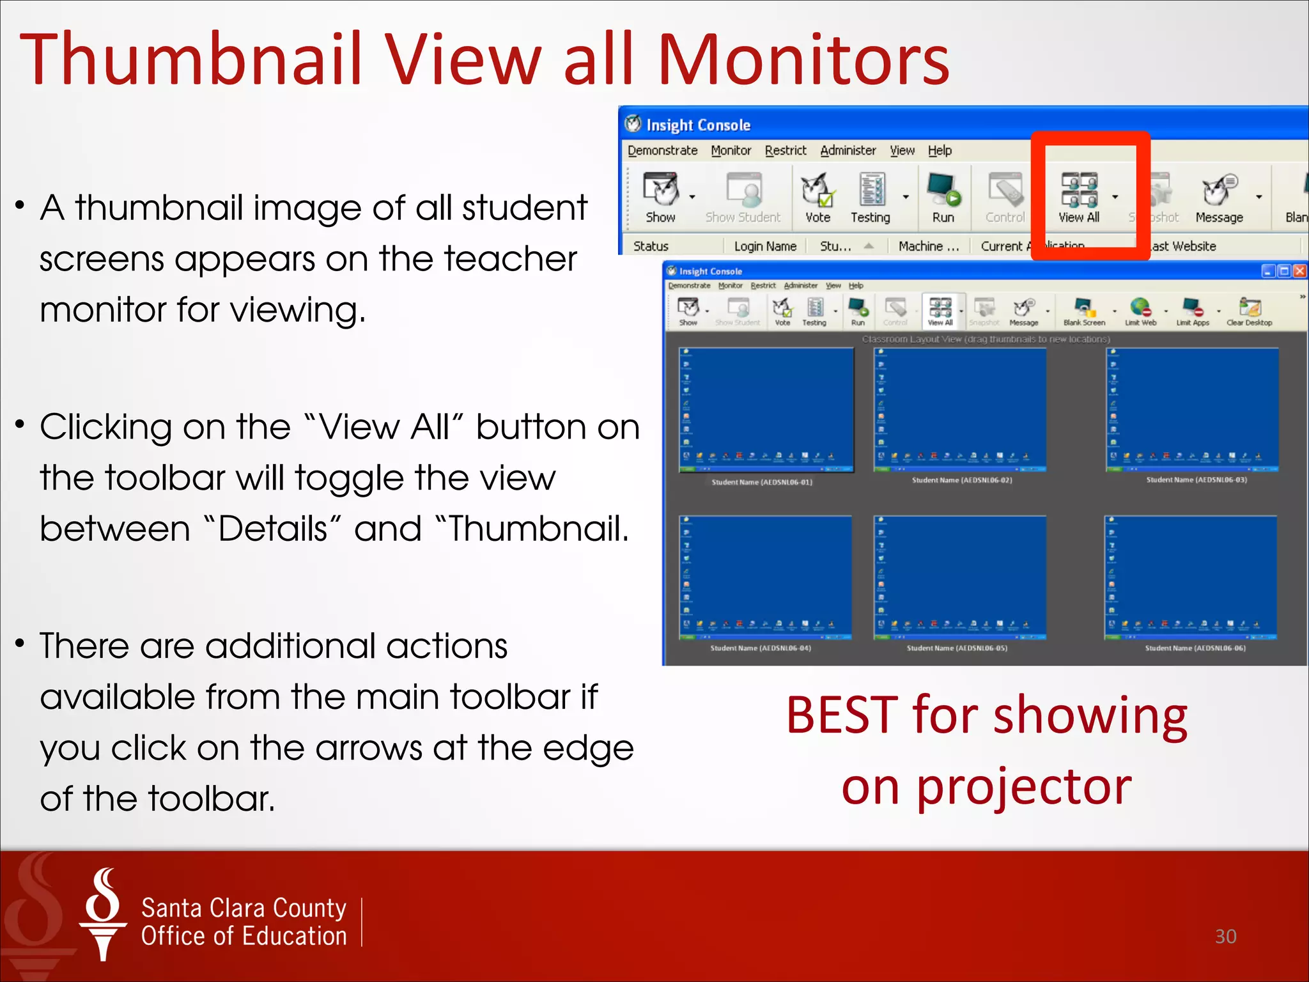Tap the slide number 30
(x=1225, y=936)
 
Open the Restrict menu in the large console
(x=786, y=150)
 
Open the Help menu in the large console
(x=940, y=150)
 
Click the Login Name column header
(x=765, y=246)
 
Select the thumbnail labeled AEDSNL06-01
(x=766, y=410)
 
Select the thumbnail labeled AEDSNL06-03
(x=1192, y=410)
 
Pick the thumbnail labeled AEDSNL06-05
(x=959, y=577)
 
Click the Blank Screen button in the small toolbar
(x=1084, y=312)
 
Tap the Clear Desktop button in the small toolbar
(x=1249, y=312)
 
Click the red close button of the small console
(x=1299, y=271)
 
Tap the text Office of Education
(x=244, y=936)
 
